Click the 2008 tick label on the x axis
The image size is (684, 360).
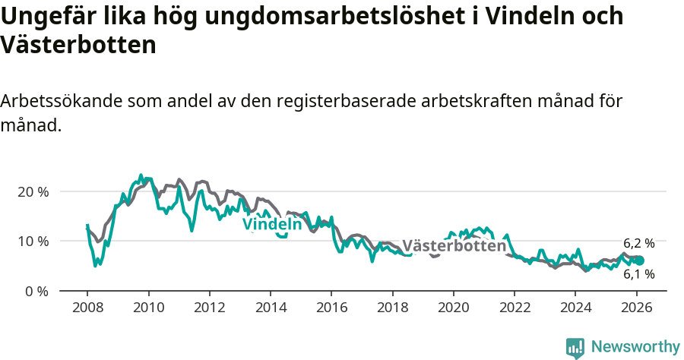[x=87, y=309]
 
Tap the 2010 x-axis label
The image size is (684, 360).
[x=148, y=309]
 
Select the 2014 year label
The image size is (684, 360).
[x=271, y=309]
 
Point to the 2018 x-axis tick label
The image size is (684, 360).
[x=393, y=309]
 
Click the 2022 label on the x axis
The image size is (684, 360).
[x=515, y=309]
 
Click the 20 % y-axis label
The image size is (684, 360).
[x=33, y=191]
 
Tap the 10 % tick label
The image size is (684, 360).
[x=33, y=241]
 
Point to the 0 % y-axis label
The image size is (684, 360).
[x=36, y=291]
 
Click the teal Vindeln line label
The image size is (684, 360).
[x=272, y=225]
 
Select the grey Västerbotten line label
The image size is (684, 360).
[x=454, y=246]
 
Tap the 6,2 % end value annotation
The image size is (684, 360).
[x=639, y=243]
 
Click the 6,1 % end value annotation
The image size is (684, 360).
[x=639, y=274]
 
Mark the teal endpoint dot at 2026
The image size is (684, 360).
[x=640, y=261]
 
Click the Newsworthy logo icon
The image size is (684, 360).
[x=575, y=348]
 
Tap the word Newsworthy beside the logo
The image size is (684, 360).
[x=635, y=347]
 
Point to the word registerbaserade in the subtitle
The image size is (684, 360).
[x=334, y=102]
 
